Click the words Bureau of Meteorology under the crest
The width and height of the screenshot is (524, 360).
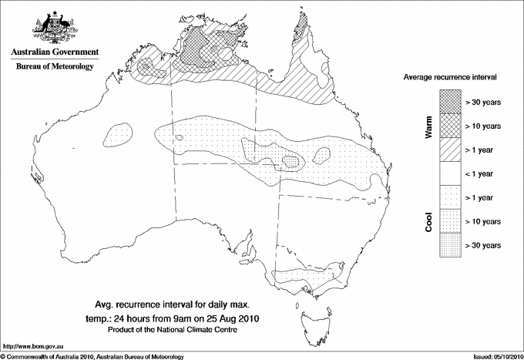point(54,67)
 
